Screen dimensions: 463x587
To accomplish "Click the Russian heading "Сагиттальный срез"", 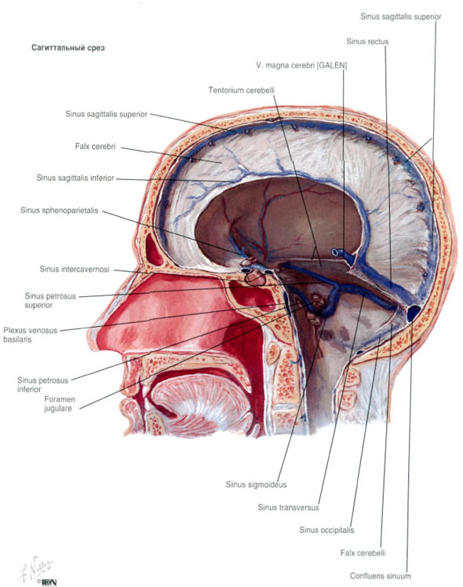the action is tap(68, 48).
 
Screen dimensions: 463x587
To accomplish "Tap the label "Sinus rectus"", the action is tap(367, 42).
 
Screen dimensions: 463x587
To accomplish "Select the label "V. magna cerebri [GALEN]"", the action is tap(301, 65).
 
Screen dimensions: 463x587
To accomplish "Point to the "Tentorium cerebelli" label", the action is tap(241, 90).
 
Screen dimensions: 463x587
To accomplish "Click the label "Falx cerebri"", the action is tap(96, 146).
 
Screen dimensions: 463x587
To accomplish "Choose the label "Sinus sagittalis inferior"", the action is tap(75, 178).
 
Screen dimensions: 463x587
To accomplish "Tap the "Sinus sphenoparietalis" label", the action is tap(60, 211).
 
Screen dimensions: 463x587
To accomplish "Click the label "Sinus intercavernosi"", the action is tap(75, 270).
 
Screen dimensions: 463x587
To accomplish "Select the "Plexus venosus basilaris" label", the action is tap(31, 335).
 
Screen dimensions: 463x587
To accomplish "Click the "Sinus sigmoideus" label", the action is tap(256, 484).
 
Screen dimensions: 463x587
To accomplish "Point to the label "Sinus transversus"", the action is tap(288, 508).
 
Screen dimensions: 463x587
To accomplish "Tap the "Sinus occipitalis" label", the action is tap(326, 530).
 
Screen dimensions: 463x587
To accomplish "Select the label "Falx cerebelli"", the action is tap(363, 553).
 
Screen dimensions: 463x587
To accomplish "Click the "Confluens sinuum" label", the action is tap(381, 576).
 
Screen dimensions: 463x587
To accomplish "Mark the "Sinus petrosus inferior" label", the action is tap(42, 385).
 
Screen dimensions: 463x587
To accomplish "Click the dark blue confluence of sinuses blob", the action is tap(414, 314).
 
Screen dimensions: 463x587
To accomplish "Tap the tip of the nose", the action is tap(89, 341).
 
